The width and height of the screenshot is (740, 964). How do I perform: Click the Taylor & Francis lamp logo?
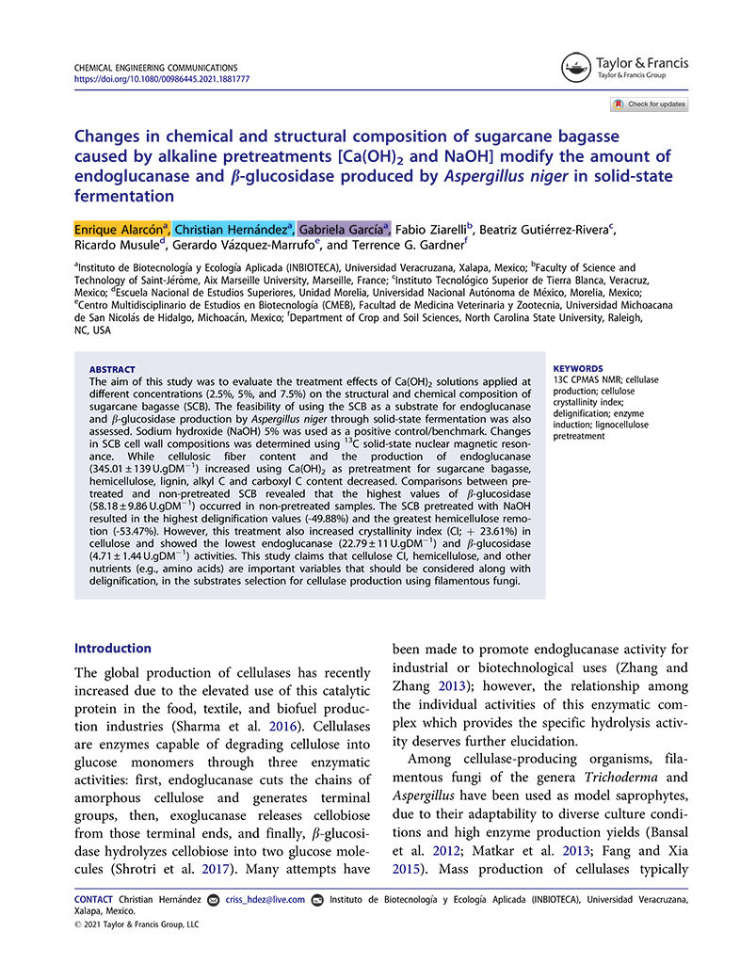click(576, 67)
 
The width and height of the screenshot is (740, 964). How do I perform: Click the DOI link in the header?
click(161, 79)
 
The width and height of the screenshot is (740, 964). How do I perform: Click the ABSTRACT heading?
click(112, 369)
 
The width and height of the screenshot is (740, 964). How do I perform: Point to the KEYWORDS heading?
click(576, 369)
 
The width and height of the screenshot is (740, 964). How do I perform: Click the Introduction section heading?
click(112, 648)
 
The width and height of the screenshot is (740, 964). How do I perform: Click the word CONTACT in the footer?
click(93, 900)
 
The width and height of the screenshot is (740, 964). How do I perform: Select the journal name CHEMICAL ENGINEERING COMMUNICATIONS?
click(155, 68)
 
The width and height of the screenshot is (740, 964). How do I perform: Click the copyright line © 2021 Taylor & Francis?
click(137, 924)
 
